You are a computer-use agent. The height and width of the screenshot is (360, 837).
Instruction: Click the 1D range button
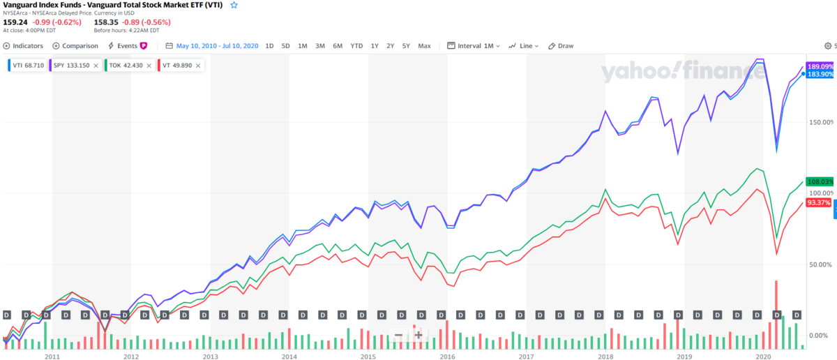pyautogui.click(x=269, y=46)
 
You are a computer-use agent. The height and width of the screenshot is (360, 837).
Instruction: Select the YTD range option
pyautogui.click(x=356, y=46)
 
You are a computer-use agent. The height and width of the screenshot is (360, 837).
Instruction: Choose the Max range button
pyautogui.click(x=424, y=46)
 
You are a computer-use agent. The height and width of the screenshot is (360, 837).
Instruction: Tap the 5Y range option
pyautogui.click(x=406, y=46)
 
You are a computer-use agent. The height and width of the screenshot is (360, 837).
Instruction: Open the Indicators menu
pyautogui.click(x=23, y=46)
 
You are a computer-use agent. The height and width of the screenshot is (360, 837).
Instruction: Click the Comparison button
pyautogui.click(x=75, y=46)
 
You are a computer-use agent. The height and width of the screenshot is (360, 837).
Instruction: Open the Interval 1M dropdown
pyautogui.click(x=475, y=46)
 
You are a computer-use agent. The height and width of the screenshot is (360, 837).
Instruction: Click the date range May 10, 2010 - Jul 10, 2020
pyautogui.click(x=217, y=46)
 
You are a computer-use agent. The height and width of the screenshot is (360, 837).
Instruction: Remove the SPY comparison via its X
pyautogui.click(x=96, y=66)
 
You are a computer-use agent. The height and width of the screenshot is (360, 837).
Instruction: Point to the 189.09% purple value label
pyautogui.click(x=820, y=66)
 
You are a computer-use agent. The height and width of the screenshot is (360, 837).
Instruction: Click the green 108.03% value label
pyautogui.click(x=820, y=181)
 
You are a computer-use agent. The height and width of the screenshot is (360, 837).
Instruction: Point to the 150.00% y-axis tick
pyautogui.click(x=820, y=122)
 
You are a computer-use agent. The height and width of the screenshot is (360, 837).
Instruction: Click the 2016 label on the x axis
pyautogui.click(x=446, y=356)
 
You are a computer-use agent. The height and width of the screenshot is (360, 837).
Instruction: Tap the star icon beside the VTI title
pyautogui.click(x=234, y=5)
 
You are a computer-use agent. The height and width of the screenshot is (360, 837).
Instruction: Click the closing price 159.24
pyautogui.click(x=16, y=22)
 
